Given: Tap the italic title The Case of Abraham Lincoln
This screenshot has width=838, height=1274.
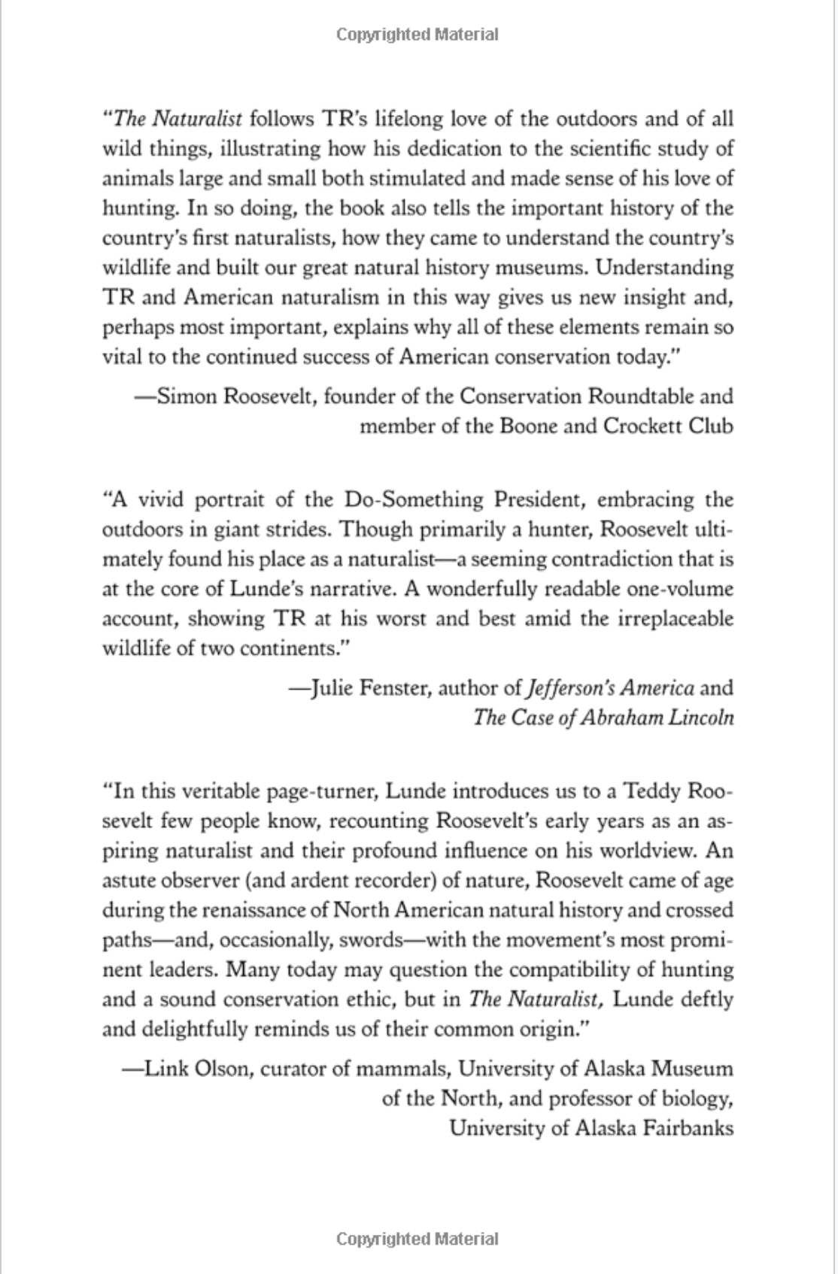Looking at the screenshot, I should pos(603,717).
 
